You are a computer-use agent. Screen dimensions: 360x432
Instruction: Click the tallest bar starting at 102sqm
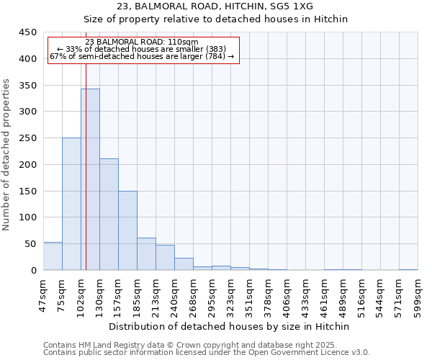point(90,179)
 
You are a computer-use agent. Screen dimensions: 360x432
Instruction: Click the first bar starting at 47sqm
point(53,256)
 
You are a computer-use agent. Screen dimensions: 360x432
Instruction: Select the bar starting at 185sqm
point(146,254)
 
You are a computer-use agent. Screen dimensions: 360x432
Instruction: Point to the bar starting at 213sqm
point(165,258)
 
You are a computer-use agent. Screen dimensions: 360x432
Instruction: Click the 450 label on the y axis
point(28,32)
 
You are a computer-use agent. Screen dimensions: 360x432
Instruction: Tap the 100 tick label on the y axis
point(28,217)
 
